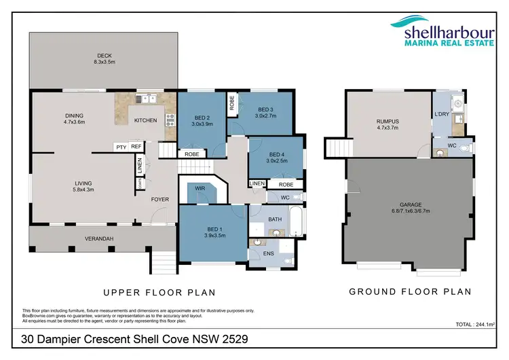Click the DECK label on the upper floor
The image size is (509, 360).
105,56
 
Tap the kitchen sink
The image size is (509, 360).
147,98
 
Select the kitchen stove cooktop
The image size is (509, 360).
170,120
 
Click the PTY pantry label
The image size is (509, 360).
121,147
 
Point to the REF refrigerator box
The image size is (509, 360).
136,147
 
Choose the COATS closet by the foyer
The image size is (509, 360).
140,183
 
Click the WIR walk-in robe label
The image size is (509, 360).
200,188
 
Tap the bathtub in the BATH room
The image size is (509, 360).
296,221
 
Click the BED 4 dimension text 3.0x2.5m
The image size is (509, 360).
277,161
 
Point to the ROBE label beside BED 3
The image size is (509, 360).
232,103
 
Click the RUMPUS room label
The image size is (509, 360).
388,122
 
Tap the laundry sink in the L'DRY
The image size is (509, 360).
458,103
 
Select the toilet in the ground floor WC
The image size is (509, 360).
465,149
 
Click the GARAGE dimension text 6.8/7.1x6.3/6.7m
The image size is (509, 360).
411,211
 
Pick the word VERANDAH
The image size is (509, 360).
99,239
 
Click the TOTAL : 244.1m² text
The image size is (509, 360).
475,324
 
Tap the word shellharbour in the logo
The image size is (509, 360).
449,33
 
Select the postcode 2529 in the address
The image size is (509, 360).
235,339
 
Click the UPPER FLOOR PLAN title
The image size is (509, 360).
159,293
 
